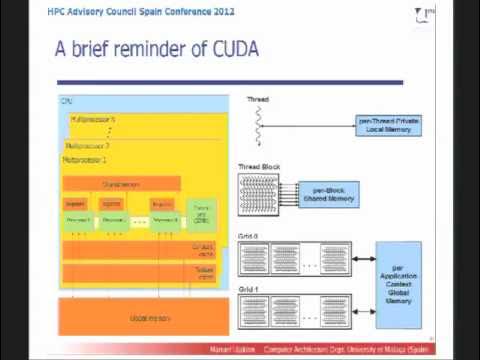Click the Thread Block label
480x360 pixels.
[256, 166]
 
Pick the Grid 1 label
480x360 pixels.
[248, 286]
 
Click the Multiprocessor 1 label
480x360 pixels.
[85, 159]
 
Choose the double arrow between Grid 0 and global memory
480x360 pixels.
[362, 257]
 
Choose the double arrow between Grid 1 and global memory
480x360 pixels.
[362, 308]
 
